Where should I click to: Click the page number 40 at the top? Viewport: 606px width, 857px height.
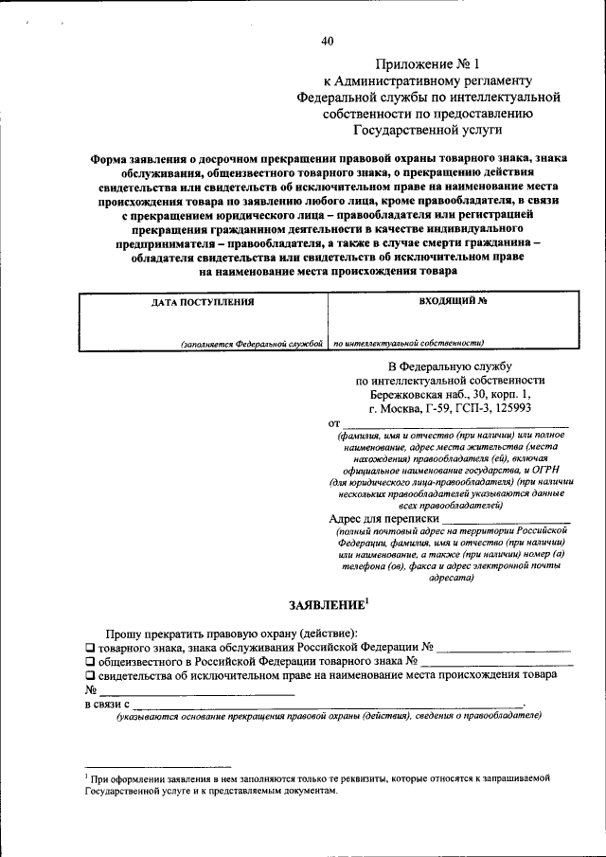pyautogui.click(x=328, y=41)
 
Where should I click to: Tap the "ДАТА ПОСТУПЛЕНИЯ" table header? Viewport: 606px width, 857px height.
pyautogui.click(x=204, y=302)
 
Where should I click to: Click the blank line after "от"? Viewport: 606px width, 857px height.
pyautogui.click(x=454, y=423)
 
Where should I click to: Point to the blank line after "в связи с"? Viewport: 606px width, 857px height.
pyautogui.click(x=327, y=705)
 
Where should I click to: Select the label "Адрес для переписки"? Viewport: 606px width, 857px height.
pyautogui.click(x=384, y=519)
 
